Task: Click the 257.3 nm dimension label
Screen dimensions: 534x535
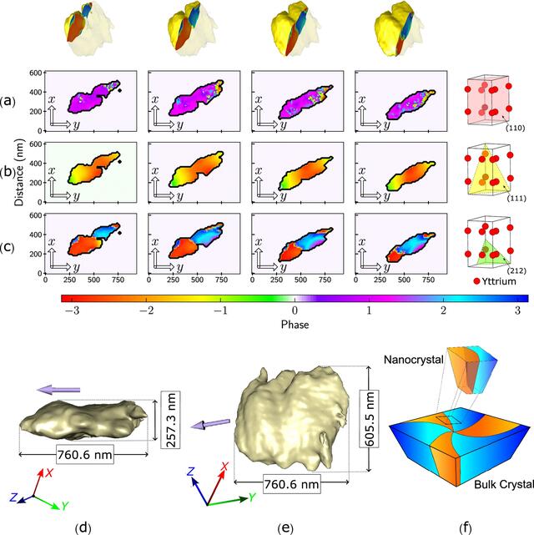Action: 170,420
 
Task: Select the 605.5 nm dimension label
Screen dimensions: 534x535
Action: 370,419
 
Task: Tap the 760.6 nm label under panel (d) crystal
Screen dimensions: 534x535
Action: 84,455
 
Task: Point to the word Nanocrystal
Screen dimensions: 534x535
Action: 414,359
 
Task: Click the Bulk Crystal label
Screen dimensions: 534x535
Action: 504,484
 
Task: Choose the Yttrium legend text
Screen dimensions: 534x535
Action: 498,281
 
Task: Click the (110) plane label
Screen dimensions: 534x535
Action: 515,128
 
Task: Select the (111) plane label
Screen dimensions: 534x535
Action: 516,199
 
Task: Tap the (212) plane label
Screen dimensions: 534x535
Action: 516,271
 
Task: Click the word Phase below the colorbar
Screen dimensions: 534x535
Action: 295,325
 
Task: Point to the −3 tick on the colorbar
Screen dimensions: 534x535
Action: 72,310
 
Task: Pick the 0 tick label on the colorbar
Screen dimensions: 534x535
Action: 295,310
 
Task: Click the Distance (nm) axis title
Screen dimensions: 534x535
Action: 20,172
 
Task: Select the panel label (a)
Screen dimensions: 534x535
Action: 8,101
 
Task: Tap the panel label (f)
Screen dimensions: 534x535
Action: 465,528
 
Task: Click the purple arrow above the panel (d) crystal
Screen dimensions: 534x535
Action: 58,390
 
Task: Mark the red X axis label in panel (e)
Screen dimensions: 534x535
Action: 224,467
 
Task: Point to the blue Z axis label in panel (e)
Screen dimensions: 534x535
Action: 190,472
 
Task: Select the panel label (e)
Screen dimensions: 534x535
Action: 285,528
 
